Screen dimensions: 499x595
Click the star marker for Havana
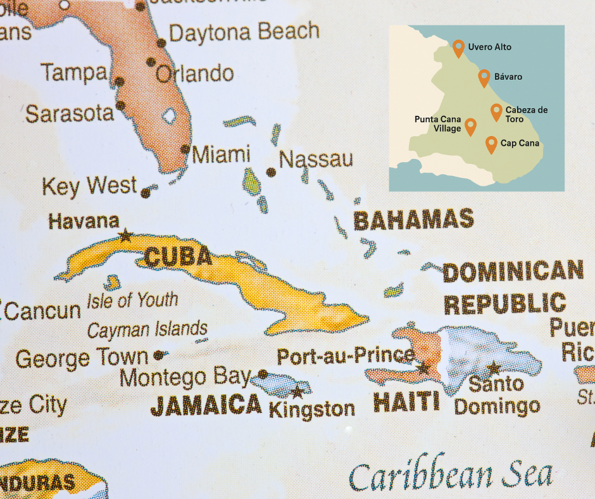(125, 236)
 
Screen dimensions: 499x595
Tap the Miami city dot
(185, 149)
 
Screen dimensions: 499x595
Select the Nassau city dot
(272, 172)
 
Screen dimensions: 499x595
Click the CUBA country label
(178, 257)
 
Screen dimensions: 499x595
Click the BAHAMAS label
(413, 220)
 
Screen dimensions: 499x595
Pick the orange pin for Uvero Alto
(459, 47)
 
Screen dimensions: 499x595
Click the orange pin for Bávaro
(484, 77)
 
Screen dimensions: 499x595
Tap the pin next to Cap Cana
(491, 144)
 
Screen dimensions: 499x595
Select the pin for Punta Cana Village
(470, 126)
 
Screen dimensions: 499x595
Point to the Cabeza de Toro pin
(497, 112)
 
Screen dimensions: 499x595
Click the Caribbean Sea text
(451, 475)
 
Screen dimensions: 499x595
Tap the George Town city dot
(158, 355)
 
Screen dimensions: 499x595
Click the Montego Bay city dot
(263, 374)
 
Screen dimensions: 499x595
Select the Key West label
(89, 187)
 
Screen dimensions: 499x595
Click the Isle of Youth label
(132, 300)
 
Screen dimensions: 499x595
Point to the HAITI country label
(406, 401)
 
